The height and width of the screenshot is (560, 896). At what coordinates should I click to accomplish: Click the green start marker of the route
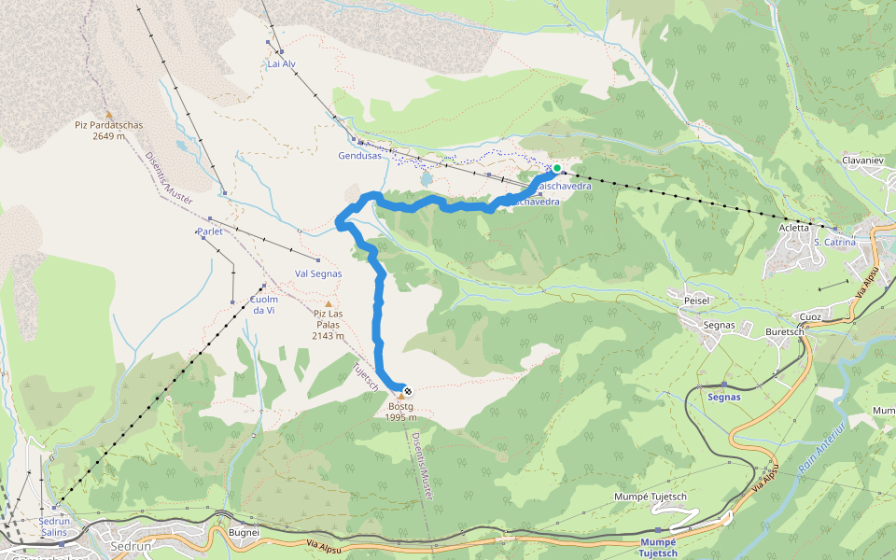(x=557, y=168)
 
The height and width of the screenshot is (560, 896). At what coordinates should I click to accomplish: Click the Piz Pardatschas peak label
(x=108, y=130)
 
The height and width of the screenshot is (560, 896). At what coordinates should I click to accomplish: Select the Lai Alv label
(x=281, y=64)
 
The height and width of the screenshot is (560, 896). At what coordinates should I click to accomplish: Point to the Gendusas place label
(x=360, y=155)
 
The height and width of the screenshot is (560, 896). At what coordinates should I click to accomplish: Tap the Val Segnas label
(x=318, y=273)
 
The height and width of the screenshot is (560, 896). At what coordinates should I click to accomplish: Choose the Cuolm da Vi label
(x=264, y=304)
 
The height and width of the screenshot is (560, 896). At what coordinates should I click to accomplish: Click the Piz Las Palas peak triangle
(x=328, y=303)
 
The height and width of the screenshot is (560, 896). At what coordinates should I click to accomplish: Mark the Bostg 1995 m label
(x=400, y=412)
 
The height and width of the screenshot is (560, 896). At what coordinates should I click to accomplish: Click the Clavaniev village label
(x=862, y=161)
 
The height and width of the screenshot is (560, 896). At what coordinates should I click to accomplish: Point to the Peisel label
(x=697, y=300)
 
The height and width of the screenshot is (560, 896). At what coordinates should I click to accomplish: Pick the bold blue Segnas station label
(x=724, y=397)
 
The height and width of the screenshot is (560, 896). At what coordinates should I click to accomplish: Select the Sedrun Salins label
(x=55, y=526)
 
